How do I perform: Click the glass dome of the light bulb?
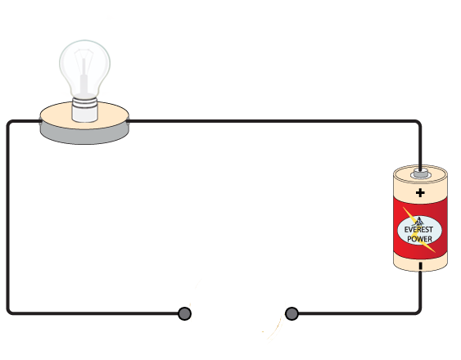coord(84,68)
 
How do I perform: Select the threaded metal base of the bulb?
coord(84,110)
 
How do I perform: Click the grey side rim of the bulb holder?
coord(84,136)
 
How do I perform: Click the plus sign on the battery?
coord(420,193)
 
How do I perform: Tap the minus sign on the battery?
coord(421,266)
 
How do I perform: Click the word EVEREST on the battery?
coord(418,229)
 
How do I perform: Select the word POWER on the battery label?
coord(419,239)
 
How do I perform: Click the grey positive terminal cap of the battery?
coord(421,173)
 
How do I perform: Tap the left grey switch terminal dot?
coord(184,313)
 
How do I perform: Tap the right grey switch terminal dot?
coord(292,313)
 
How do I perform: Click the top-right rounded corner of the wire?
coord(418,123)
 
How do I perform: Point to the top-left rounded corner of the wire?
coord(10,123)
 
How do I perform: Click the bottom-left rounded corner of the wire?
coord(10,312)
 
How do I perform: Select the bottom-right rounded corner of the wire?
coord(418,312)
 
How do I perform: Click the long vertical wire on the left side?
coord(8,218)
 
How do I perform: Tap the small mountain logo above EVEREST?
coord(418,221)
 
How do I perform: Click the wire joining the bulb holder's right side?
coord(274,121)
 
